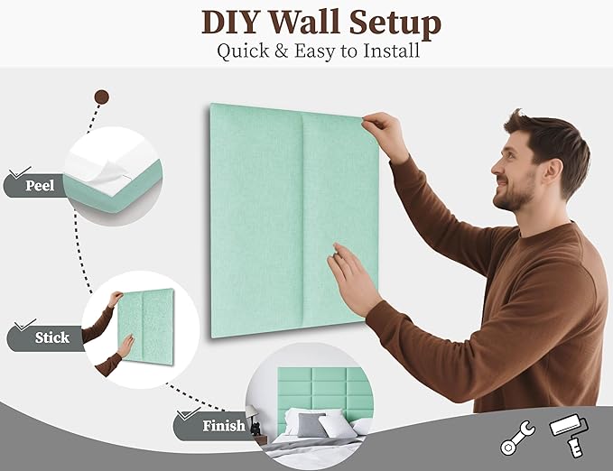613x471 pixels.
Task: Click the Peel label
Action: (39, 187)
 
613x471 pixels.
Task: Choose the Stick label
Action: (51, 337)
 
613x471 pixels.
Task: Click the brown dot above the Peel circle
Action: (102, 97)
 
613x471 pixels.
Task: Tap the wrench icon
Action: (517, 438)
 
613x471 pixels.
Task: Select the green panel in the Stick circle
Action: (146, 325)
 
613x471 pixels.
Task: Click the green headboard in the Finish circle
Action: (311, 388)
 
